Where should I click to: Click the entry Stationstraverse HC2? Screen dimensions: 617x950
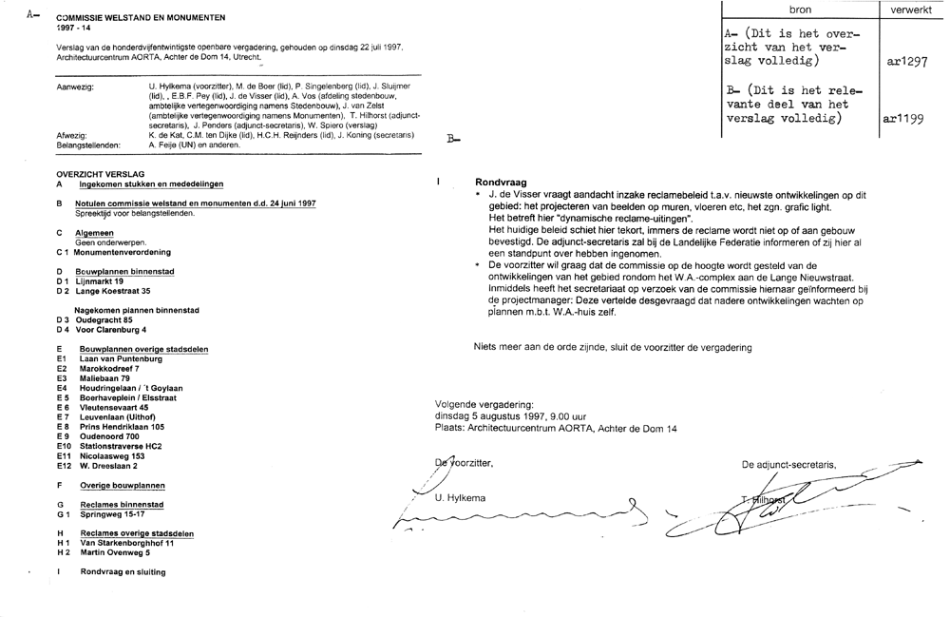[x=121, y=446]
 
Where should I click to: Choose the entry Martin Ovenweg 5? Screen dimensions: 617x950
[x=115, y=552]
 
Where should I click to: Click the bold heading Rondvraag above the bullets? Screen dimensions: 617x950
[x=501, y=181]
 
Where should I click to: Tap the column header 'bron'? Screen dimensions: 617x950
[x=801, y=10]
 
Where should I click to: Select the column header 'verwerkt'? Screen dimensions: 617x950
[x=910, y=10]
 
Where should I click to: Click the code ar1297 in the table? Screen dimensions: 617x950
[x=905, y=61]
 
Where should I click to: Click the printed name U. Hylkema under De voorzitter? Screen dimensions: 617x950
[x=460, y=498]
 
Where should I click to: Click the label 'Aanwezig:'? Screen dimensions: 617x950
[x=75, y=87]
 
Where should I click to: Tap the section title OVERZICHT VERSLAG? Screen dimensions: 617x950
[x=100, y=174]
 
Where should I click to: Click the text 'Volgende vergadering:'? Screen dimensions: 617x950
[x=484, y=404]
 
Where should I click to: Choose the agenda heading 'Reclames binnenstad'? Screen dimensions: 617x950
[x=122, y=505]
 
